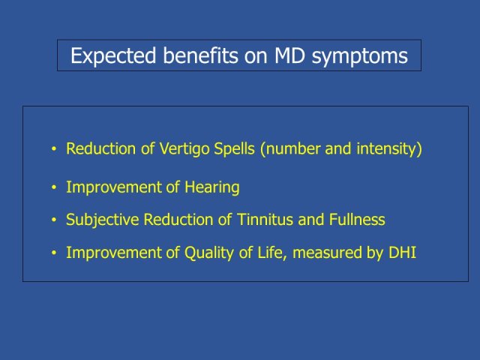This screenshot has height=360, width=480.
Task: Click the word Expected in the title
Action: click(x=113, y=56)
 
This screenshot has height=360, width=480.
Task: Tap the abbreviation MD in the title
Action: click(x=289, y=55)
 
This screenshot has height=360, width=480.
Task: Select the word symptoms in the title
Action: click(x=360, y=57)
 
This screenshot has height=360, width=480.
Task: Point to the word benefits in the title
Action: click(x=200, y=55)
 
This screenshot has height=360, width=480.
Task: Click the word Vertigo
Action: click(x=184, y=149)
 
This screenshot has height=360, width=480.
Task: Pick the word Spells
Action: click(x=234, y=149)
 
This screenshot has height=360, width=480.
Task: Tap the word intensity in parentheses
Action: click(x=387, y=149)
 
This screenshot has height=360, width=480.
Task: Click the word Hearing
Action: click(x=211, y=187)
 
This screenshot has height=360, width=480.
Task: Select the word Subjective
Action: click(x=103, y=220)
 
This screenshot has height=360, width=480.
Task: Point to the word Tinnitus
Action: click(x=265, y=220)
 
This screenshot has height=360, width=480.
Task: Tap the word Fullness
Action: click(x=357, y=220)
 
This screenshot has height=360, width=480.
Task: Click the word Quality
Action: click(x=209, y=253)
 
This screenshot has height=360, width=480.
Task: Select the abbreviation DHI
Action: click(x=402, y=253)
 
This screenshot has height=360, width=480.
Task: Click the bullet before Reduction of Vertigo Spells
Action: click(x=54, y=149)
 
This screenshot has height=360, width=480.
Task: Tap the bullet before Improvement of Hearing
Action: click(x=54, y=187)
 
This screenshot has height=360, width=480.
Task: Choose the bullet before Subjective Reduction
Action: click(x=54, y=220)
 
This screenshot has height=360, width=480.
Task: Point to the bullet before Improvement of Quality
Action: click(x=54, y=253)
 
